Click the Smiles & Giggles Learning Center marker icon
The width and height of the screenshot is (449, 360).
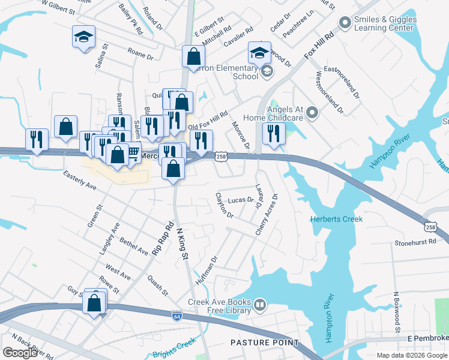[x=345, y=23]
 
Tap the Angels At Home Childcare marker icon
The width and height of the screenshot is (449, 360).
[x=311, y=112]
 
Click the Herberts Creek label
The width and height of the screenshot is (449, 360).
[x=336, y=219]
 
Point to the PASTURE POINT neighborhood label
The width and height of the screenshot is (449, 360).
[x=265, y=343]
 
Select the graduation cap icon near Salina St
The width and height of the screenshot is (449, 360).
[x=83, y=37]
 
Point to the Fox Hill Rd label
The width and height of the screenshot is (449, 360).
[x=318, y=45]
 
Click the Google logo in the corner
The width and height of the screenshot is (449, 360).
[x=20, y=353]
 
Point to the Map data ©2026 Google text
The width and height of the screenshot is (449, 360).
[x=411, y=355]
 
